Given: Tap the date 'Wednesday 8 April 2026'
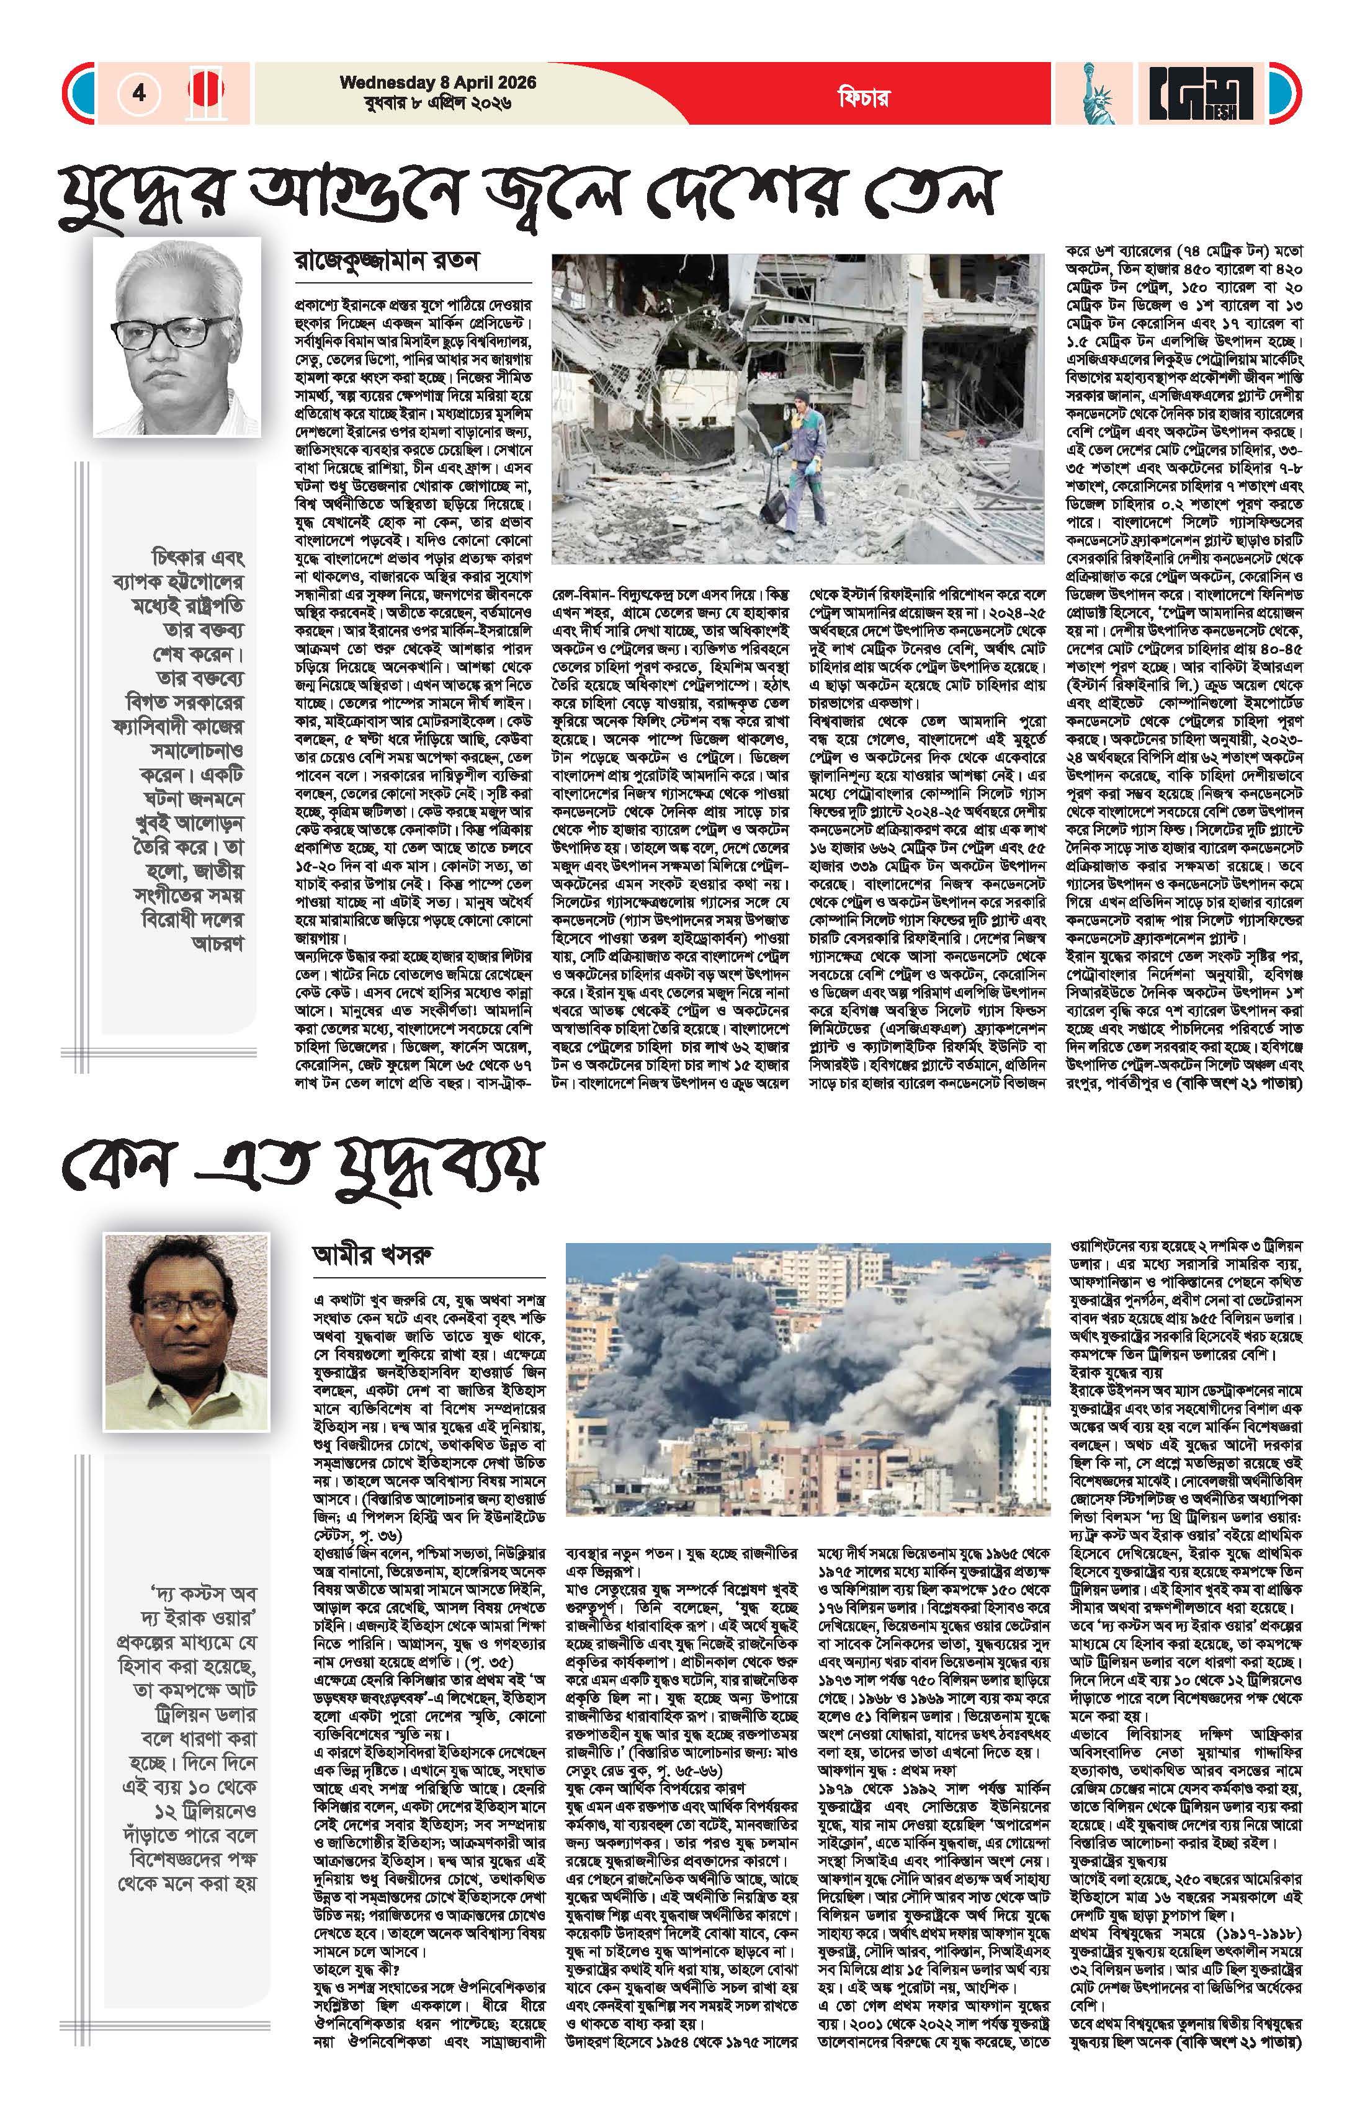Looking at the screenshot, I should coord(438,83).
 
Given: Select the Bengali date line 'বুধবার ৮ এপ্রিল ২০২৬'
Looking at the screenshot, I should coord(426,103).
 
